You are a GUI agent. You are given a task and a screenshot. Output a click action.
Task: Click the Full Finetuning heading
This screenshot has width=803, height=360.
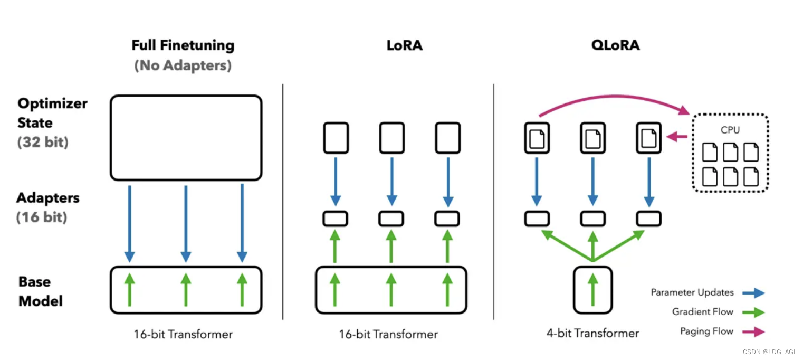pyautogui.click(x=183, y=45)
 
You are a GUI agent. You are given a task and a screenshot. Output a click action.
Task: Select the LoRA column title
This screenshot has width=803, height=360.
pyautogui.click(x=405, y=45)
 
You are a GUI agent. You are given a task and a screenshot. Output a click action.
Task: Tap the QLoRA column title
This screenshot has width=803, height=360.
pyautogui.click(x=615, y=45)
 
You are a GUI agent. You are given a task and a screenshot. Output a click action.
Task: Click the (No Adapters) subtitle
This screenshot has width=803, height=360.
pyautogui.click(x=183, y=66)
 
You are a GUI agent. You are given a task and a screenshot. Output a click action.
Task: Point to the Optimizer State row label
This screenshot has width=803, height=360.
pyautogui.click(x=52, y=113)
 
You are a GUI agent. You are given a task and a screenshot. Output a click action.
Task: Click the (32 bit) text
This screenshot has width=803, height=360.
pyautogui.click(x=43, y=143)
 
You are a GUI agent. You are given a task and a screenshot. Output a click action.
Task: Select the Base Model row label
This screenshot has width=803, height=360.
pyautogui.click(x=41, y=291)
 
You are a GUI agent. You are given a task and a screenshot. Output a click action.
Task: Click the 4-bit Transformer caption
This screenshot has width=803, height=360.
pyautogui.click(x=592, y=334)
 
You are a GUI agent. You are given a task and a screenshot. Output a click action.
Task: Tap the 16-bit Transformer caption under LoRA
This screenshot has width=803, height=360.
pyautogui.click(x=389, y=334)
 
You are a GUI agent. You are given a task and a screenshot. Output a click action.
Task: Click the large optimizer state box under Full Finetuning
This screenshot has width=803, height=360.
pyautogui.click(x=186, y=138)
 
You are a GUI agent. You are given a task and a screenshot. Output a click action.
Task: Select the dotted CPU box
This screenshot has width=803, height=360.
pyautogui.click(x=730, y=153)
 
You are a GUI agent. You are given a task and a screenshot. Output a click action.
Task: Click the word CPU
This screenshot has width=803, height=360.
pyautogui.click(x=730, y=130)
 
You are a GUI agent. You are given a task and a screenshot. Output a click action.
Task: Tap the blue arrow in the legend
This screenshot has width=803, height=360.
pyautogui.click(x=753, y=293)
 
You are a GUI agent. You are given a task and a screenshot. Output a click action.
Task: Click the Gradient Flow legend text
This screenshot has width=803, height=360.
pyautogui.click(x=702, y=312)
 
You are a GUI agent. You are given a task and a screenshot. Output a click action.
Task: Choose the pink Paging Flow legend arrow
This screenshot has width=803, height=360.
pyautogui.click(x=753, y=332)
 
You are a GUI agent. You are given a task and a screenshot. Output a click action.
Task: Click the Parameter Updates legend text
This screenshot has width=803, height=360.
pyautogui.click(x=692, y=292)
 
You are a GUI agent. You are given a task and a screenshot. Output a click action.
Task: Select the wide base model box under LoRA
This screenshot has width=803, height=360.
pyautogui.click(x=391, y=290)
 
